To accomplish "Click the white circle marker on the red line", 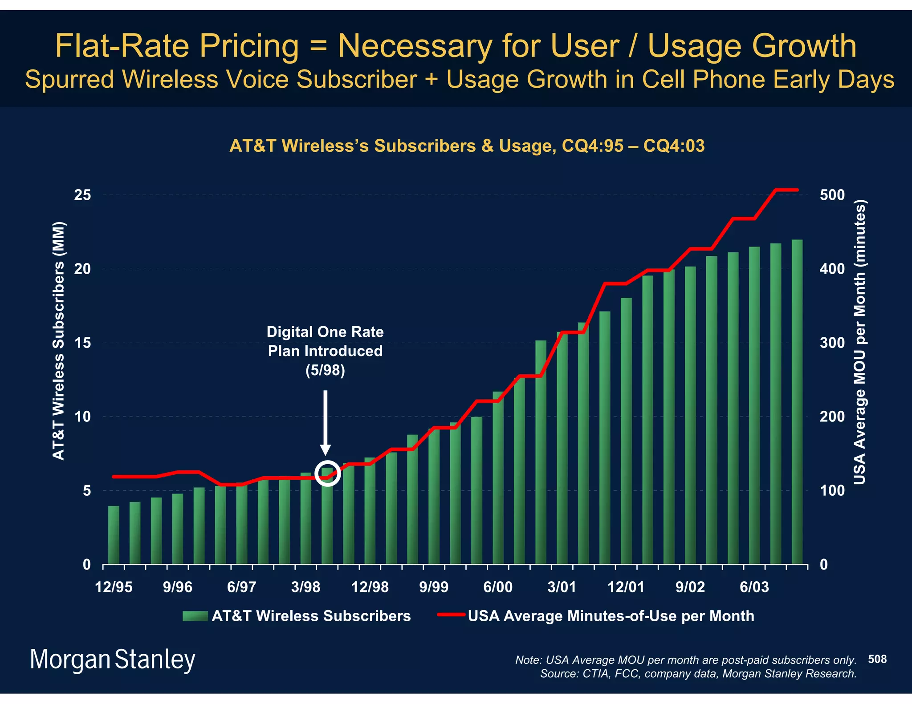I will [x=327, y=473].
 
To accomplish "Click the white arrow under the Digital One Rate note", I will [x=325, y=423].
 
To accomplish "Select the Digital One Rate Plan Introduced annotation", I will [x=325, y=351].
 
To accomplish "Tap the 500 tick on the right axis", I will [x=832, y=195].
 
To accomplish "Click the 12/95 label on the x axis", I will [x=114, y=587].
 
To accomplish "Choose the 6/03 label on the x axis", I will [x=754, y=587].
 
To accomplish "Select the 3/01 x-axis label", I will [x=562, y=587].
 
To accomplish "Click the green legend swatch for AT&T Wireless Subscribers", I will [x=195, y=616].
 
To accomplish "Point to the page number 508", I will [x=877, y=659].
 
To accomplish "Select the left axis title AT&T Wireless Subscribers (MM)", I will [x=59, y=340].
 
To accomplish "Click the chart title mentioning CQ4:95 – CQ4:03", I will [x=467, y=146].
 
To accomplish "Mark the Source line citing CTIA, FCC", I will [x=698, y=674].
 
